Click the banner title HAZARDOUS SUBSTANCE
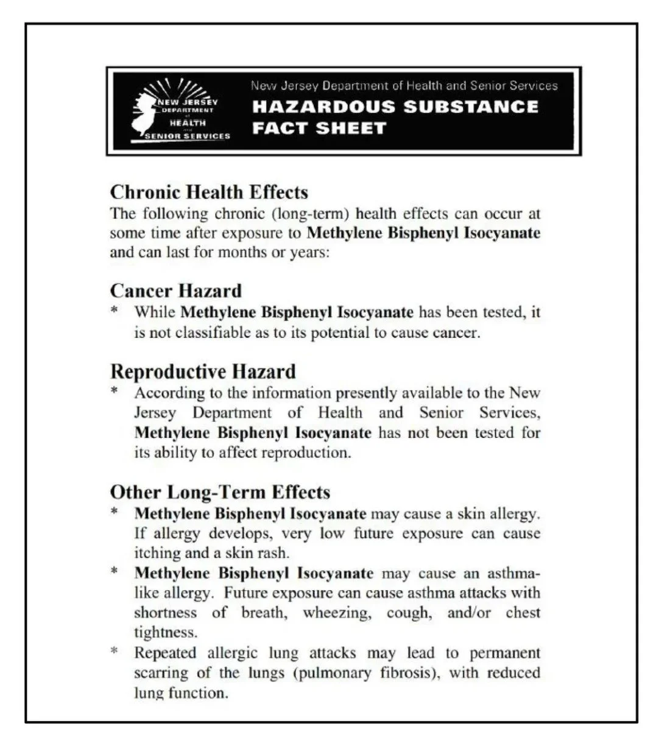pyautogui.click(x=395, y=107)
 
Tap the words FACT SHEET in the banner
pyautogui.click(x=319, y=128)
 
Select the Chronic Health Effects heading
pyautogui.click(x=209, y=192)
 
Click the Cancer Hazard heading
pyautogui.click(x=175, y=290)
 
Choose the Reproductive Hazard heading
pyautogui.click(x=203, y=371)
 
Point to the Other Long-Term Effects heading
pyautogui.click(x=220, y=492)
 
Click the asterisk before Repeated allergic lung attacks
pyautogui.click(x=115, y=652)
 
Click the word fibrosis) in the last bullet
pyautogui.click(x=386, y=673)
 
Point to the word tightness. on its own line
pyautogui.click(x=165, y=633)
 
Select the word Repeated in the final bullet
pyautogui.click(x=164, y=653)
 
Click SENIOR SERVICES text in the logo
pyautogui.click(x=188, y=136)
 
